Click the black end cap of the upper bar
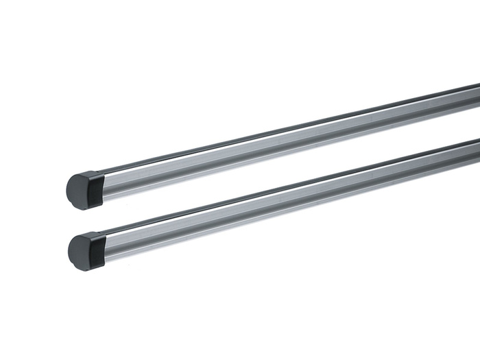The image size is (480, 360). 86,186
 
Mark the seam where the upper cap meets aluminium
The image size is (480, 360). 105,183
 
